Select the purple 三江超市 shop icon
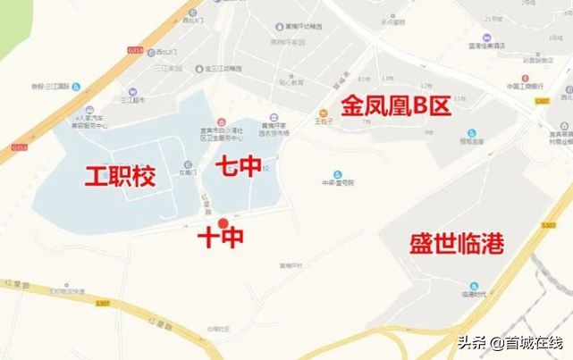coord(132,91)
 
